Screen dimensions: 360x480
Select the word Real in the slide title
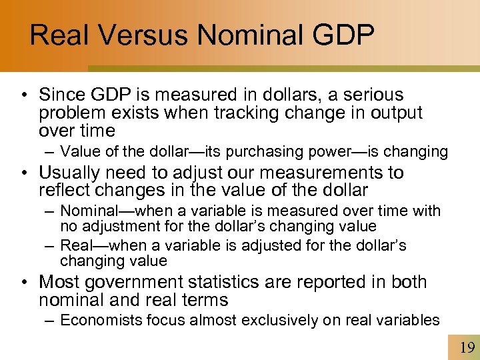[x=57, y=35]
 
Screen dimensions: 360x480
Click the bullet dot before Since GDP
[x=25, y=96]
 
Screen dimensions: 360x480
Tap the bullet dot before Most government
[x=25, y=283]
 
